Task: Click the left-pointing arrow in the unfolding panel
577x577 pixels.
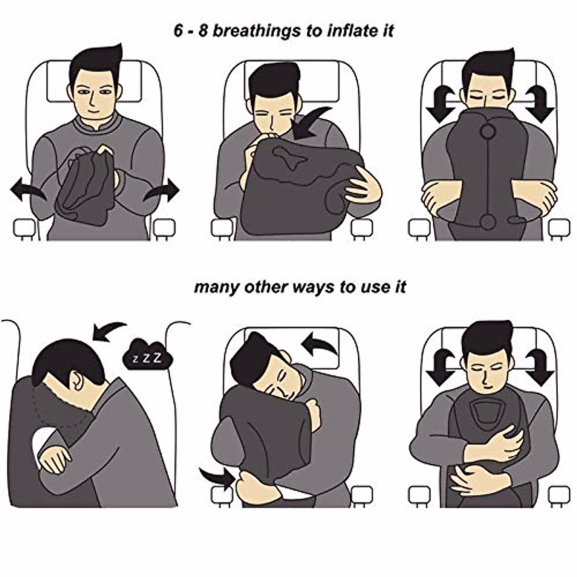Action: pos(27,191)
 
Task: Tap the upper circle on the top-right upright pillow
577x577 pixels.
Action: pos(488,131)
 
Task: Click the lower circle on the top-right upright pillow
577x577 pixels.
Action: pos(488,222)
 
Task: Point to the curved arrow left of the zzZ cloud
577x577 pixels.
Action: pos(109,331)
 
